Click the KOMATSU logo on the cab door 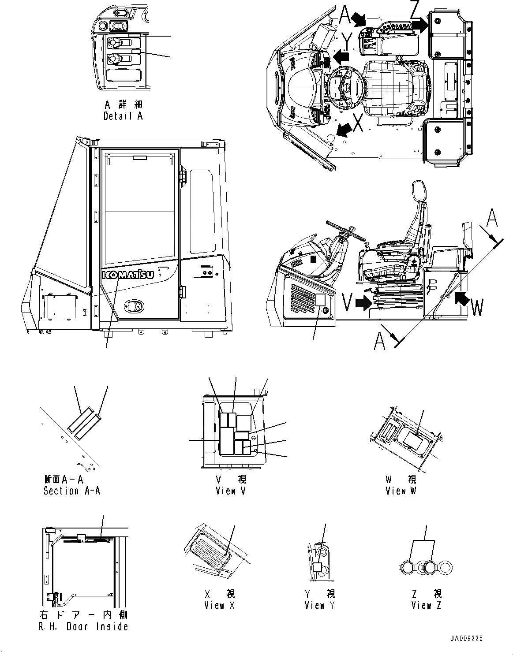[128, 275]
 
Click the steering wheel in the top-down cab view [345, 87]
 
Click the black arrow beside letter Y [341, 56]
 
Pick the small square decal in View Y [317, 567]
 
